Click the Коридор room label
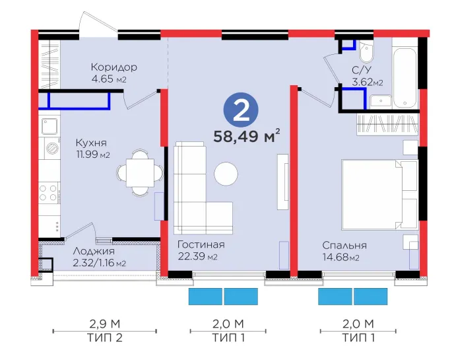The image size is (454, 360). coord(113,67)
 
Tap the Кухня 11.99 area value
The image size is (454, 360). coord(93,155)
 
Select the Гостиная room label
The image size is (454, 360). coord(201,244)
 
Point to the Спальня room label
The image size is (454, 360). coord(344,245)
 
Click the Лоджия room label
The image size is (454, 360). coord(94,251)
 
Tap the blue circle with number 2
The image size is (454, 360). coord(241,110)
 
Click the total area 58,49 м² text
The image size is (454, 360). coord(247,137)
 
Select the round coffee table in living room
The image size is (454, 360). coord(226,174)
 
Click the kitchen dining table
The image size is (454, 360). coord(139,173)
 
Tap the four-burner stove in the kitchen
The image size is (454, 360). coord(48,193)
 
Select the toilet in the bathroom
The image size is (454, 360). coord(366,52)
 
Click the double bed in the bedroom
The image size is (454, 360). coord(379,194)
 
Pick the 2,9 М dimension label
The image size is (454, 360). coord(105,324)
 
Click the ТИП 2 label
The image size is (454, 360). coord(105,338)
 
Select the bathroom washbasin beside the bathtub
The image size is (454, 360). coord(381,101)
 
